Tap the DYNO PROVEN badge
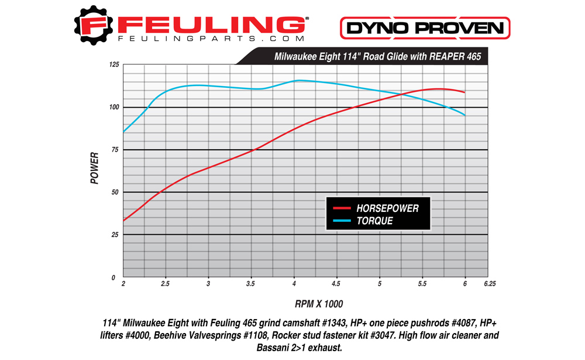(425, 28)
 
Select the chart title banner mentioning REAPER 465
(378, 57)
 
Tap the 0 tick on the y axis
(116, 277)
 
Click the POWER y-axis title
(95, 170)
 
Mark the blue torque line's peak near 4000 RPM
(299, 80)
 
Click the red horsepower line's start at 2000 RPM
(123, 221)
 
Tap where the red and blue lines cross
(404, 94)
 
